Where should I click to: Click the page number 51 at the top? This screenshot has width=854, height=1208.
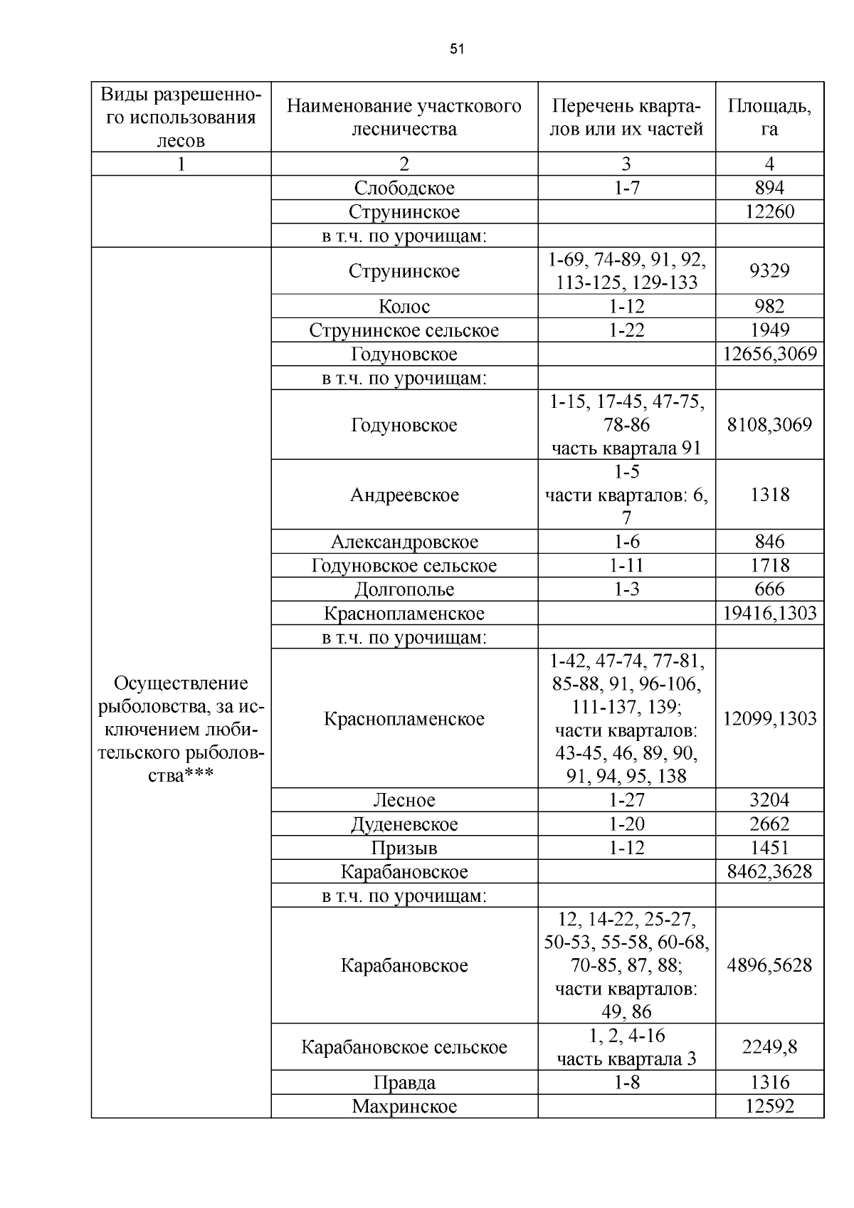[x=457, y=49]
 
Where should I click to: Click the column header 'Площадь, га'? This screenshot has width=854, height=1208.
[x=769, y=117]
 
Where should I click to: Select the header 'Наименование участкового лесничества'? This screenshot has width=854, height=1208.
[x=404, y=117]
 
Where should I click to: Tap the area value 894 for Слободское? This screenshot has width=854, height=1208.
[x=769, y=188]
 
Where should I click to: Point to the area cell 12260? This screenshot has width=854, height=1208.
[x=769, y=211]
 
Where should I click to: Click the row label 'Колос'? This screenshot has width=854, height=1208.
[x=404, y=306]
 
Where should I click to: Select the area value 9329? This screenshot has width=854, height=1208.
[x=769, y=271]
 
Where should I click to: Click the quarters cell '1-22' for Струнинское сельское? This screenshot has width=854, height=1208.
[x=626, y=330]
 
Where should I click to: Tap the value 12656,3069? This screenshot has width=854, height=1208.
[x=769, y=354]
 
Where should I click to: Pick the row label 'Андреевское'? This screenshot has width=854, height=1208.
[x=404, y=495]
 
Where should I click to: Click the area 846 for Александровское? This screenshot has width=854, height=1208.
[x=769, y=542]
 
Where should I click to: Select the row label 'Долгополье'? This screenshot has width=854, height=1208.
[x=404, y=589]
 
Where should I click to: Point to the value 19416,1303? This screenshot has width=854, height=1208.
[x=769, y=613]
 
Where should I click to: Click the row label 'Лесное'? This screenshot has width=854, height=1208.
[x=404, y=800]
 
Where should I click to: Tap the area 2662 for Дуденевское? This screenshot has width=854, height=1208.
[x=769, y=824]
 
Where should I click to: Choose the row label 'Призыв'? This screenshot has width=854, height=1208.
[x=404, y=848]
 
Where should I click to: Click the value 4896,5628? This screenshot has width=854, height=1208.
[x=769, y=965]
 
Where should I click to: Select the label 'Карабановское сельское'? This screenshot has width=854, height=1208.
[x=404, y=1047]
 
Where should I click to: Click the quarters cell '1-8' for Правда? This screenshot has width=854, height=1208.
[x=626, y=1082]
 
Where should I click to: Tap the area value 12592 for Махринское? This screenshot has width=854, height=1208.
[x=769, y=1106]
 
